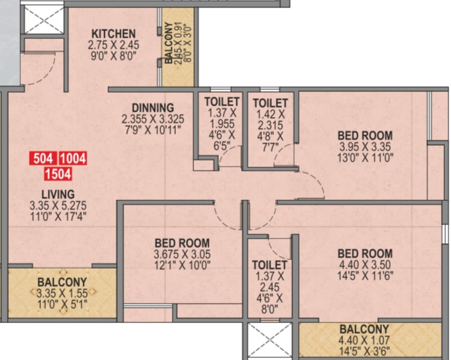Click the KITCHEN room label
click(x=113, y=34)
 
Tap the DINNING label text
click(x=153, y=108)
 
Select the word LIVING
click(x=58, y=194)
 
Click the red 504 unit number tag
click(x=43, y=159)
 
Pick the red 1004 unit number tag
click(x=73, y=159)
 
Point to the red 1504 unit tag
click(x=58, y=174)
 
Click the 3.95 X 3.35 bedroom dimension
click(x=365, y=147)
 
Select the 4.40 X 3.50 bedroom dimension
click(x=365, y=265)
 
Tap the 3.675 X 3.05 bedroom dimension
click(x=182, y=255)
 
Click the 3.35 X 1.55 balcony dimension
click(x=62, y=294)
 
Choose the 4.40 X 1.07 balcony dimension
click(x=364, y=341)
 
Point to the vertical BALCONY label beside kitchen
click(x=169, y=42)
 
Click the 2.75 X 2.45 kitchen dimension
click(x=113, y=45)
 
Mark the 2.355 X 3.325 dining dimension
click(x=153, y=119)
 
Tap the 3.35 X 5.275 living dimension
click(x=58, y=206)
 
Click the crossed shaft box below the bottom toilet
click(x=270, y=341)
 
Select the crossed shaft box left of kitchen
click(x=43, y=19)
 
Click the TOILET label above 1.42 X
click(x=270, y=103)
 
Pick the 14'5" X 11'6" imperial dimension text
click(x=365, y=275)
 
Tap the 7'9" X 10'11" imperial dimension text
click(x=153, y=130)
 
